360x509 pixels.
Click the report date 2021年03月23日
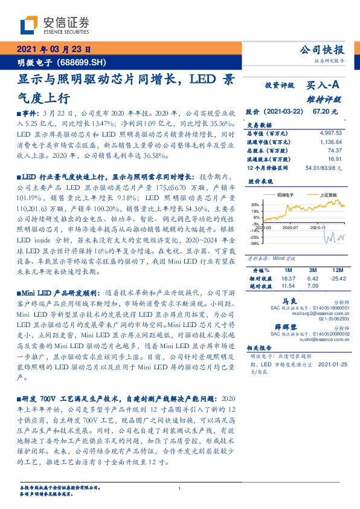coord(53,50)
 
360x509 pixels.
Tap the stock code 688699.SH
coord(84,62)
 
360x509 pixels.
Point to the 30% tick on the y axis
coord(257,204)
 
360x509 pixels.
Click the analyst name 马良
coord(290,300)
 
